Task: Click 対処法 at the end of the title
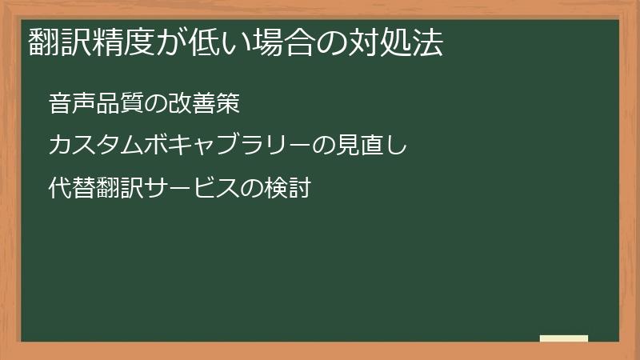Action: pos(398,42)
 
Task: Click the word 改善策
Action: pos(206,104)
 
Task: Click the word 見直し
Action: pos(373,146)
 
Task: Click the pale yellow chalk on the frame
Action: pos(564,338)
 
